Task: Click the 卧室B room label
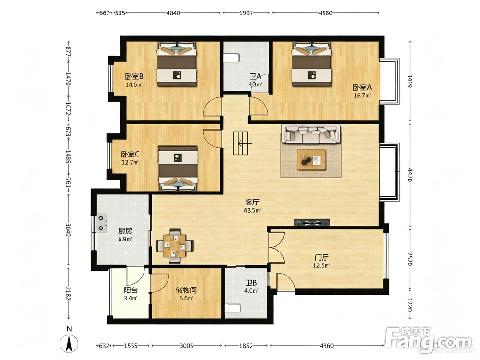click(134, 76)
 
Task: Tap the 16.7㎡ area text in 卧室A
click(362, 96)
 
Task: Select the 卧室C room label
click(130, 154)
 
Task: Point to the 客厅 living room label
click(252, 203)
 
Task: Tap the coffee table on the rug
click(311, 159)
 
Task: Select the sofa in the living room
click(311, 134)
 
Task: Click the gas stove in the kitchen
click(102, 223)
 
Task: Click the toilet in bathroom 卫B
click(232, 308)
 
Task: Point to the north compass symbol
click(70, 343)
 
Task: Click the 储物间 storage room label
click(186, 290)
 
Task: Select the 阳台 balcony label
click(130, 290)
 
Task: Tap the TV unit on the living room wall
click(312, 223)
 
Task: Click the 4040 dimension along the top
click(173, 13)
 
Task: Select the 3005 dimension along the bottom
click(186, 346)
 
